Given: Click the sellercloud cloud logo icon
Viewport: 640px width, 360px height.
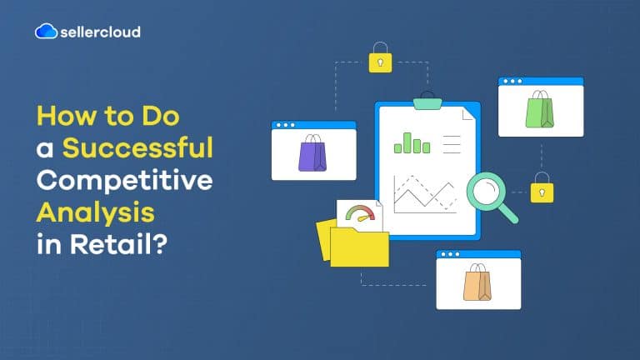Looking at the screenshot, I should click(46, 32).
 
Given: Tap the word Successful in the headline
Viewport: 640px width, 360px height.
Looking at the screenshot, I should click(138, 148).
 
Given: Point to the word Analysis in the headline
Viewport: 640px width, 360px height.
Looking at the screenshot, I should click(95, 210).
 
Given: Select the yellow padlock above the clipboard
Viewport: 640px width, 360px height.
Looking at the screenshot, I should click(380, 59).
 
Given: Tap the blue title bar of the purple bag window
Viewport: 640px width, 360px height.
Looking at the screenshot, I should click(313, 125).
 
